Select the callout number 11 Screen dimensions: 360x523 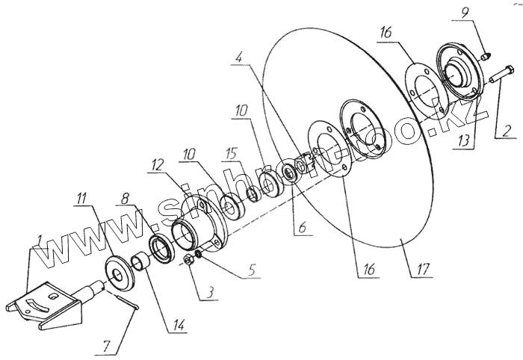[x=80, y=199]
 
